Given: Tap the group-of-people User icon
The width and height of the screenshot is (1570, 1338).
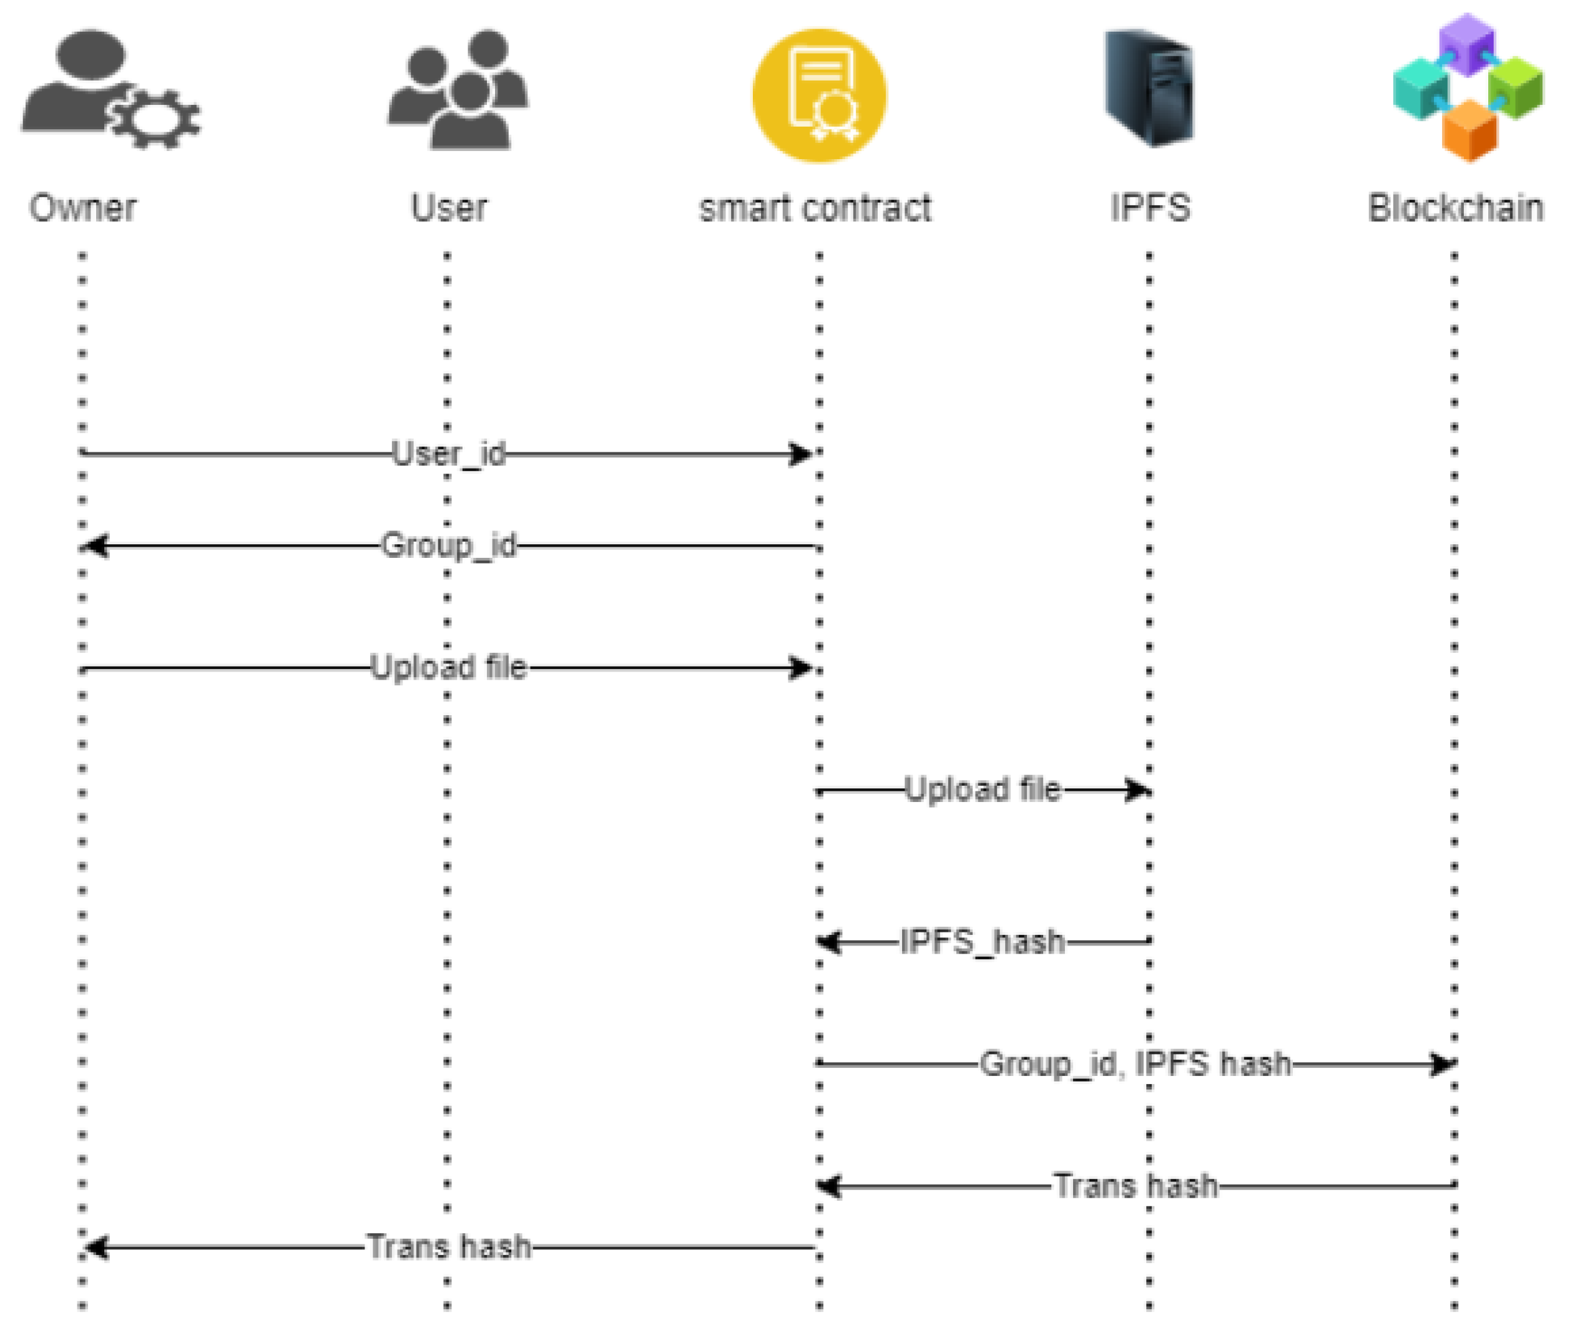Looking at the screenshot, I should point(458,91).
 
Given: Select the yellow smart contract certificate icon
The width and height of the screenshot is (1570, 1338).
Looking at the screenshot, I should point(819,95).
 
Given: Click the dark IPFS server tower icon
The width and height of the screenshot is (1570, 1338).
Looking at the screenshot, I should point(1149,88).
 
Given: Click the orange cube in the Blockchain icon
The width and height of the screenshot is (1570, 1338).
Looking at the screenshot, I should point(1469,130).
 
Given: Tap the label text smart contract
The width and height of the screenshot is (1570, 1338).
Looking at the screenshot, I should point(815,208).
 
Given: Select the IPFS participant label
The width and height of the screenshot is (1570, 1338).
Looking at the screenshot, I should point(1149,208).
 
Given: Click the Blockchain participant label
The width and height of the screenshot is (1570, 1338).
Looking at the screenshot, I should point(1456,208).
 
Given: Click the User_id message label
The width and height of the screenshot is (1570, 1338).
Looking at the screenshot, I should point(449,454).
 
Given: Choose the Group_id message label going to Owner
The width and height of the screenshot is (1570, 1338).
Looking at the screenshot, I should point(449,545).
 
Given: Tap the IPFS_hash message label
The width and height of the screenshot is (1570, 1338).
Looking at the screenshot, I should point(983,942).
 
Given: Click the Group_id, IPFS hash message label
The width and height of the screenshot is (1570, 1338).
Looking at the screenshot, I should point(1135,1064).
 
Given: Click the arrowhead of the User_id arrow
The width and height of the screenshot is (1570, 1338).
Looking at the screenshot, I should point(800,454).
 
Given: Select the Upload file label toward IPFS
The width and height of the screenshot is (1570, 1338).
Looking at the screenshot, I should point(983,789).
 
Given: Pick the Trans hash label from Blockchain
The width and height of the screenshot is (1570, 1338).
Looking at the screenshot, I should point(1135,1186).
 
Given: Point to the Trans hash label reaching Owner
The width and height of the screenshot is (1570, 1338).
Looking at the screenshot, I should point(449,1247).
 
